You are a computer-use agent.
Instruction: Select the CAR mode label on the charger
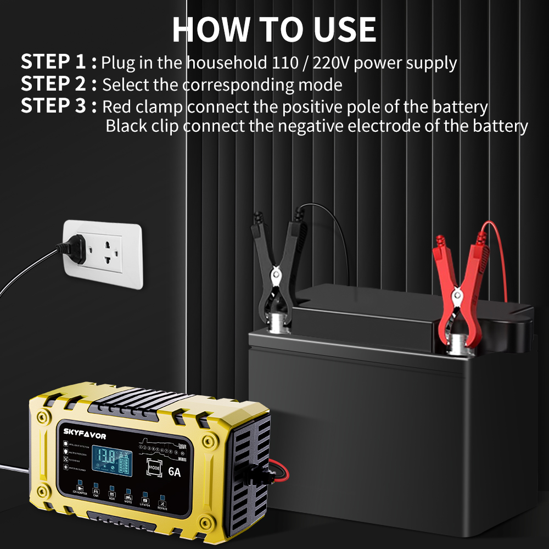tap(96, 495)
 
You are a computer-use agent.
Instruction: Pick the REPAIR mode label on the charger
tap(162, 508)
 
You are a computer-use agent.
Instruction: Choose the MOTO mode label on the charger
tap(128, 501)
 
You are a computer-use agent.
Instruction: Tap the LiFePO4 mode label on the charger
tap(145, 505)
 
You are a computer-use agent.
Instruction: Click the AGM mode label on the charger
tap(112, 498)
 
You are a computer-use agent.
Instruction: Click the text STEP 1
tap(54, 62)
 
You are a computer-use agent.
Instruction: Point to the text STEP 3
tap(54, 105)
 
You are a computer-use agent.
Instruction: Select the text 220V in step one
tap(330, 63)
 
